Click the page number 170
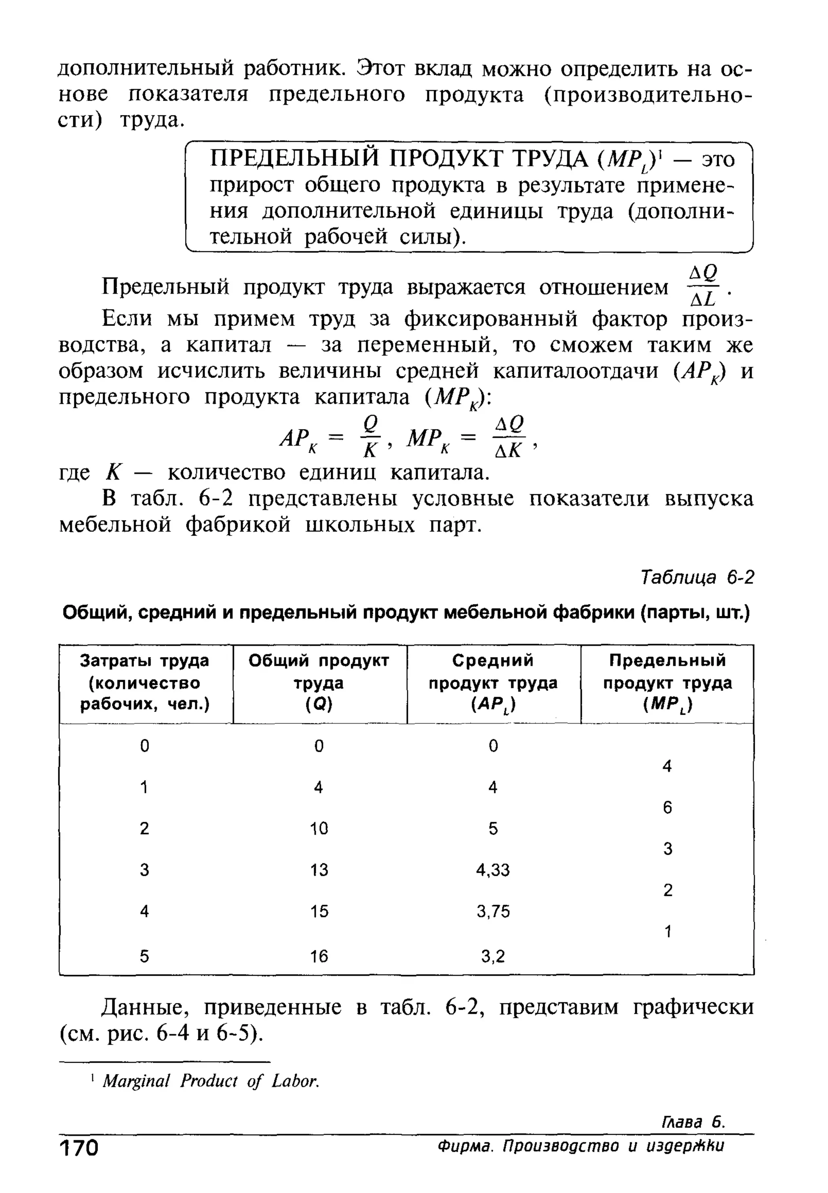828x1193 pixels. [x=79, y=1147]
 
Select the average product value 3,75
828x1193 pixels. [x=493, y=911]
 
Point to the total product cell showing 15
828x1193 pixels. [x=319, y=911]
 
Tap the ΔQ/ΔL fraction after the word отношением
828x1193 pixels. [x=703, y=286]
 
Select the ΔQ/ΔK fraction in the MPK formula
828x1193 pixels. [x=509, y=436]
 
